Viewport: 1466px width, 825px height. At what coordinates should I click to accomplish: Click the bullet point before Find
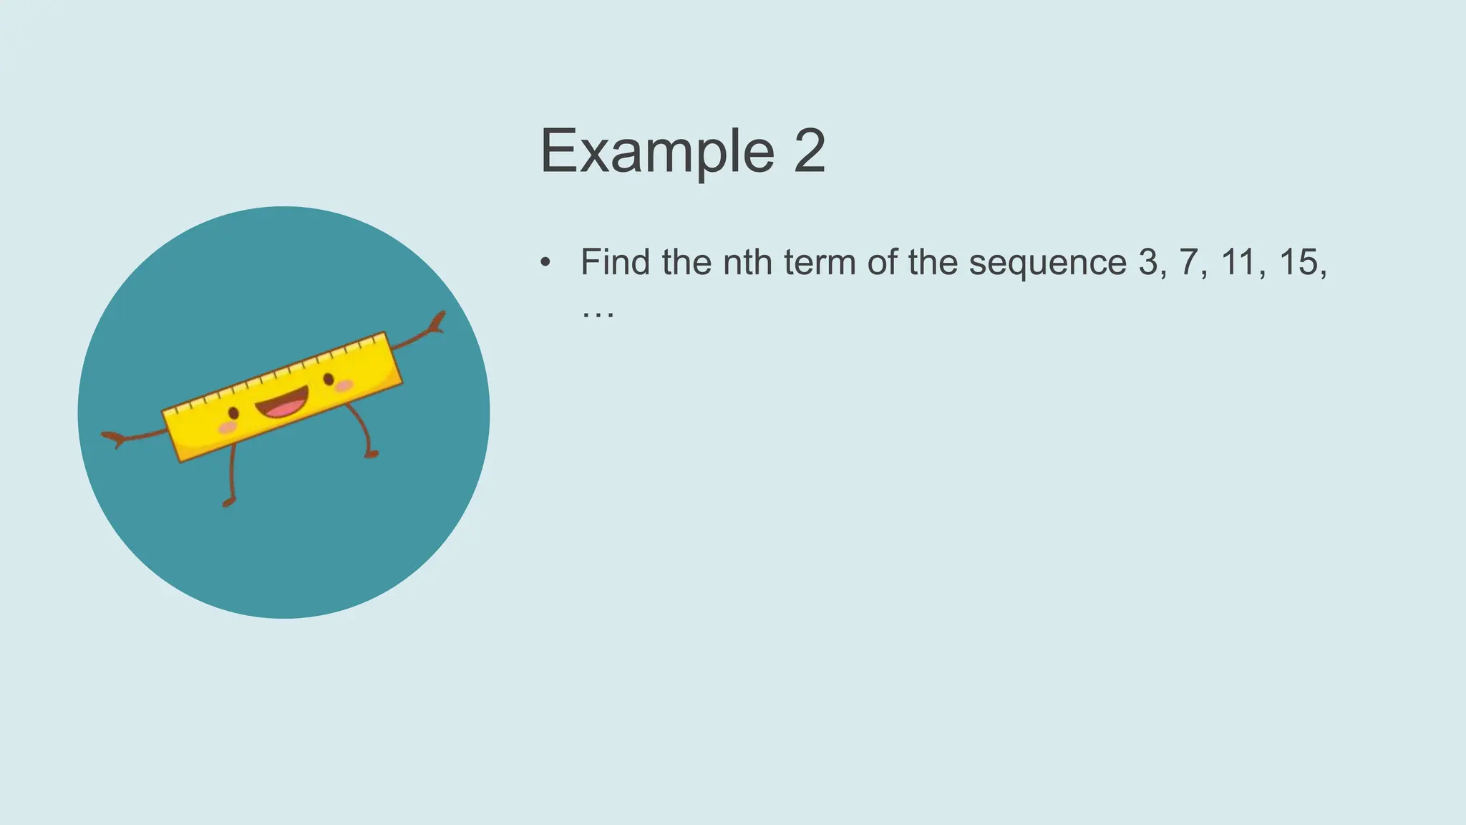pyautogui.click(x=545, y=262)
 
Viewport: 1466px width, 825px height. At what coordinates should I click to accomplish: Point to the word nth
pyautogui.click(x=747, y=262)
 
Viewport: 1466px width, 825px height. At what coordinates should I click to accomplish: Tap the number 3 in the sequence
pyautogui.click(x=1148, y=262)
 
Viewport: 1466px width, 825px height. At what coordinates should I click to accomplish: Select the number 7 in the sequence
pyautogui.click(x=1188, y=262)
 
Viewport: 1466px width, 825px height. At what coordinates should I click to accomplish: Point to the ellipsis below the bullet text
pyautogui.click(x=598, y=314)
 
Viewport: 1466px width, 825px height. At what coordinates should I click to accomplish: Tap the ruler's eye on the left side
pyautogui.click(x=233, y=413)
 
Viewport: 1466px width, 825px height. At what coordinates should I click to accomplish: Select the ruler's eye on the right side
pyautogui.click(x=329, y=379)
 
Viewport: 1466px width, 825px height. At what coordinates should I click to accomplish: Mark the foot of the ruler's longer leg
pyautogui.click(x=228, y=503)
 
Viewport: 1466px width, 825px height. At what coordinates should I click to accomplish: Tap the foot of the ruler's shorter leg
pyautogui.click(x=371, y=454)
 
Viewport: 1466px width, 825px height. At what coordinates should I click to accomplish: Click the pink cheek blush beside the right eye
pyautogui.click(x=344, y=386)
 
